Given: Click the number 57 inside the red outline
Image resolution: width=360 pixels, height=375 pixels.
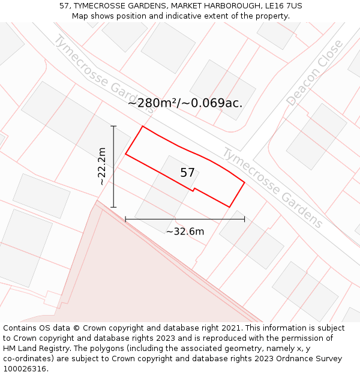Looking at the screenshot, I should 187,173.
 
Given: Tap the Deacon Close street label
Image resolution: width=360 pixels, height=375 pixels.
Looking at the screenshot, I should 314,73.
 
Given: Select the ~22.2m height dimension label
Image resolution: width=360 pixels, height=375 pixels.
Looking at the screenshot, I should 102,166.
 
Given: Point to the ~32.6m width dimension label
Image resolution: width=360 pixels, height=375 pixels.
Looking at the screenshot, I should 185,232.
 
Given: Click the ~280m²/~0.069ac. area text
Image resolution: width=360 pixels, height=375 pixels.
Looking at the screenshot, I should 185,103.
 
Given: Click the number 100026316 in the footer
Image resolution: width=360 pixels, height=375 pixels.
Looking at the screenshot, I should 26,369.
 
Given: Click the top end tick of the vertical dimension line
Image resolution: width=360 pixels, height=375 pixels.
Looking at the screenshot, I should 113,126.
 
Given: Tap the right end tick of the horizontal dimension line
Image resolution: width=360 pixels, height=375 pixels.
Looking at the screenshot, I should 244,219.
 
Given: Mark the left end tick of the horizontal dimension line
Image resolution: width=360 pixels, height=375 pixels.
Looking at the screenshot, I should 125,219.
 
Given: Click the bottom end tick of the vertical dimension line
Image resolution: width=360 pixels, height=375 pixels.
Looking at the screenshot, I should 113,207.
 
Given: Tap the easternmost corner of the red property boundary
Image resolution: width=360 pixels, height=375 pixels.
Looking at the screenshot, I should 244,182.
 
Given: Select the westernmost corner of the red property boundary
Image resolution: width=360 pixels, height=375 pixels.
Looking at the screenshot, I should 125,154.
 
